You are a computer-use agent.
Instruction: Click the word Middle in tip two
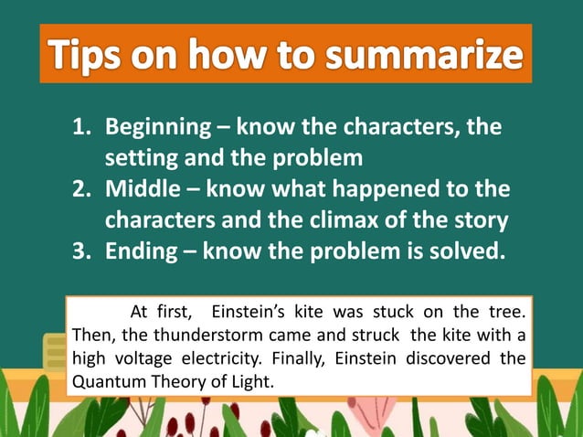143,189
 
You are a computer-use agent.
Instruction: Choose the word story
478,220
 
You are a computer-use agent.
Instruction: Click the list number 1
81,126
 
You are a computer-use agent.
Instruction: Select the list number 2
81,189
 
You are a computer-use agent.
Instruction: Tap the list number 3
81,251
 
